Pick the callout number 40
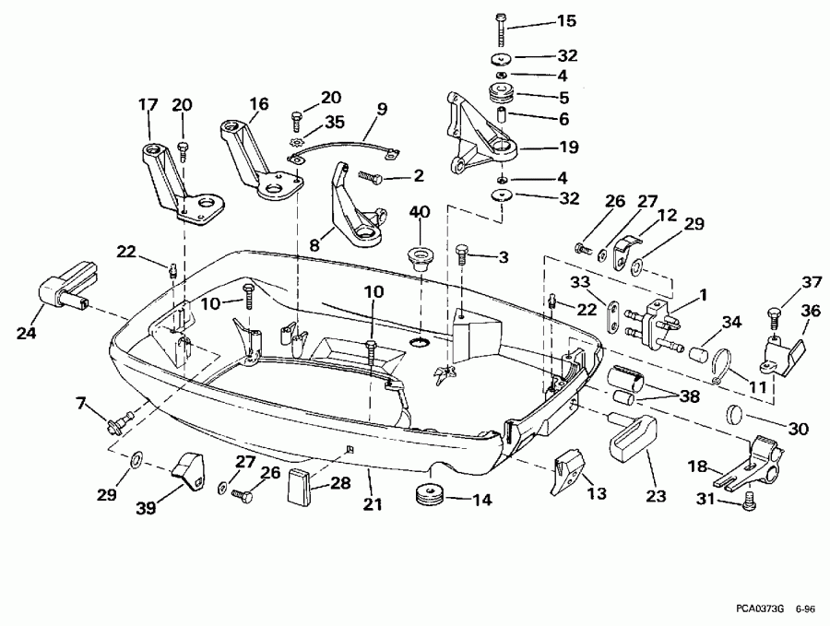click(x=419, y=211)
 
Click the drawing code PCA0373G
click(x=761, y=609)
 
